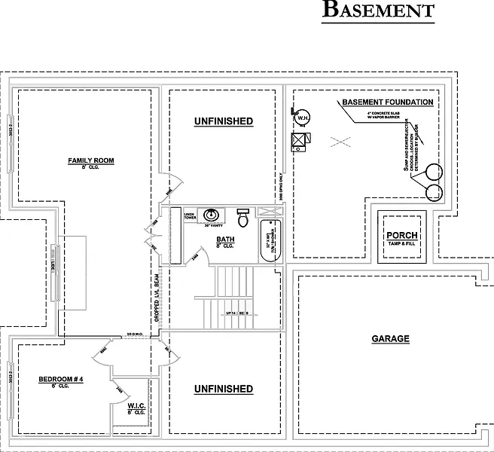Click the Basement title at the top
pyautogui.click(x=378, y=10)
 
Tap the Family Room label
pyautogui.click(x=91, y=161)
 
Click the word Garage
pyautogui.click(x=390, y=339)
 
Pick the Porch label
pyautogui.click(x=401, y=235)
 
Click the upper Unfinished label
pyautogui.click(x=223, y=121)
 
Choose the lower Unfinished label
pyautogui.click(x=223, y=389)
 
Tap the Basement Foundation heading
pyautogui.click(x=387, y=102)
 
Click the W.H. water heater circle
pyautogui.click(x=303, y=118)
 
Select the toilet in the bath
pyautogui.click(x=242, y=218)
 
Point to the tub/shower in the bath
pyautogui.click(x=269, y=241)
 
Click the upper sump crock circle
pyautogui.click(x=434, y=173)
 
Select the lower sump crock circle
pyautogui.click(x=434, y=193)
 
